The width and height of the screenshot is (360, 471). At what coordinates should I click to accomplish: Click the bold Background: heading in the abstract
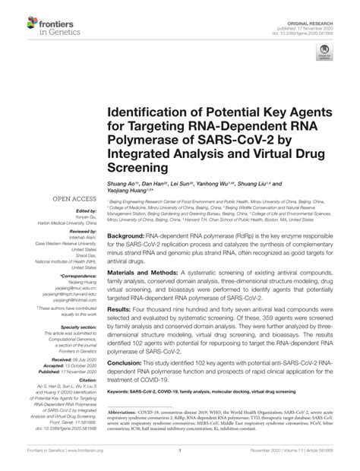128,237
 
